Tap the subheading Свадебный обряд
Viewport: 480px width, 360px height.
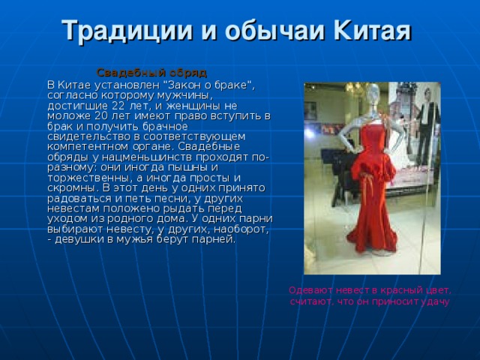[151, 73]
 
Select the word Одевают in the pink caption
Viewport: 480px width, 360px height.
[311, 289]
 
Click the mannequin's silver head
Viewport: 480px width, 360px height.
[373, 94]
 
